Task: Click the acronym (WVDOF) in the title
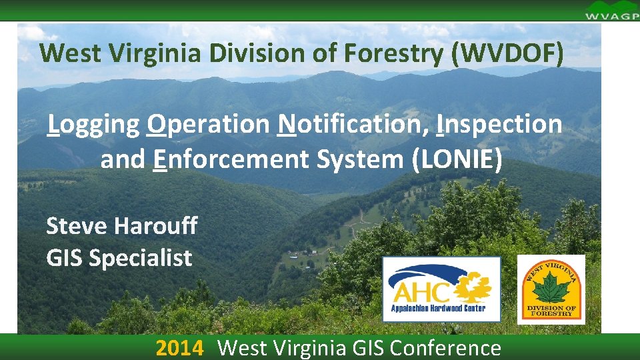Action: point(506,54)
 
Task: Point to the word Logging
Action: point(93,124)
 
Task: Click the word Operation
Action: point(208,124)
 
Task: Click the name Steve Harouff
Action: point(122,226)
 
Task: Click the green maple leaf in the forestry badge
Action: point(551,288)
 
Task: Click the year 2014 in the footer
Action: point(179,348)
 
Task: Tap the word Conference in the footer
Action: point(445,348)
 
